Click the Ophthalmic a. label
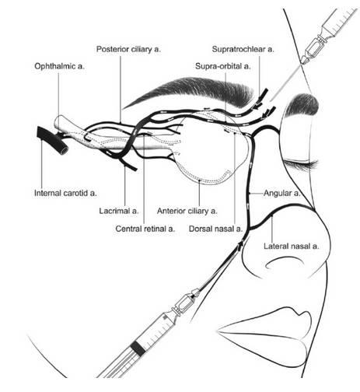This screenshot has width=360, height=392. tap(59, 66)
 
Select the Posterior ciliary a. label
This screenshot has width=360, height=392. tap(128, 49)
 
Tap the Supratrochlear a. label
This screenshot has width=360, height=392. tap(243, 49)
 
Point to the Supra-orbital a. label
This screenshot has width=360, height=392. tap(223, 66)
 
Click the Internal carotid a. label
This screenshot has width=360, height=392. tap(65, 193)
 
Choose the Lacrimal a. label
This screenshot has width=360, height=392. tap(119, 211)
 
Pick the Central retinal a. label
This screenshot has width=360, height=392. tap(145, 229)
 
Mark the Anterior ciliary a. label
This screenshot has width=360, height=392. tap(187, 211)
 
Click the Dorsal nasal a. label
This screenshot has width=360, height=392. tap(215, 229)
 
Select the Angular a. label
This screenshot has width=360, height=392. tap(281, 193)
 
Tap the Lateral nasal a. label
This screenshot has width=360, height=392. tap(292, 246)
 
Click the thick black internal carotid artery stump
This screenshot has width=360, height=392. tap(53, 140)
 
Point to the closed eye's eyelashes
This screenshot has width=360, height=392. tap(302, 164)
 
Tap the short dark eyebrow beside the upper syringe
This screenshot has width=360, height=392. tap(303, 105)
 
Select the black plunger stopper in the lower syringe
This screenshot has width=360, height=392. tap(138, 348)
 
